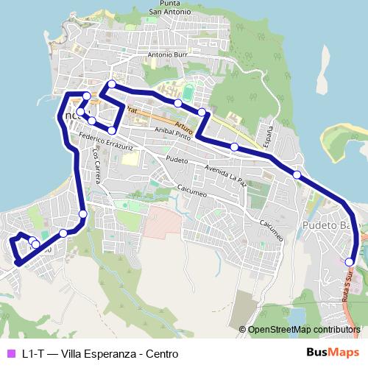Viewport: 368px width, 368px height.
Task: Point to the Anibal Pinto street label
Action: click(x=173, y=133)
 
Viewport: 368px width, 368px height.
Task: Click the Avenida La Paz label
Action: click(x=225, y=174)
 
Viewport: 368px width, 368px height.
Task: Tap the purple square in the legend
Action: click(x=10, y=353)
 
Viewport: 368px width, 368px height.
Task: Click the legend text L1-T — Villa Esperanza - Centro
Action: click(x=99, y=353)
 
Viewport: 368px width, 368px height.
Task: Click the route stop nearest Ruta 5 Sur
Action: click(x=349, y=261)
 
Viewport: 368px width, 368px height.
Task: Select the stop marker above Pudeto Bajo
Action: click(x=297, y=174)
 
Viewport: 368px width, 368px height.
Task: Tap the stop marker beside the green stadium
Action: click(x=178, y=103)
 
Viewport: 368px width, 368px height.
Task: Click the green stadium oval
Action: click(x=190, y=93)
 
